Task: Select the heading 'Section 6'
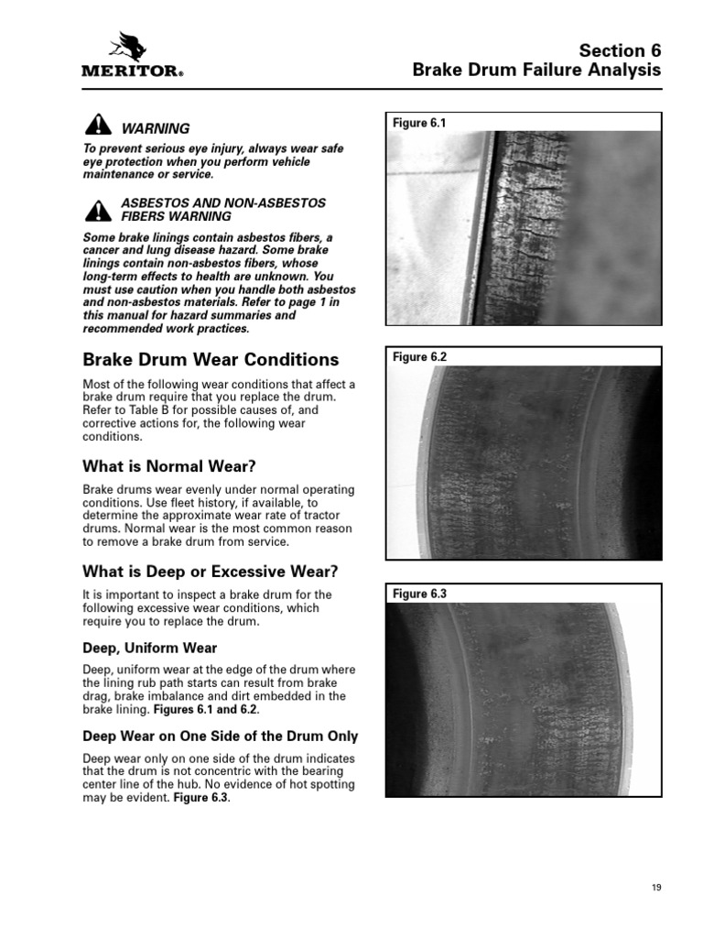[621, 50]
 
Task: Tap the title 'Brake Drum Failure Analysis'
[536, 71]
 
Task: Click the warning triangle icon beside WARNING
[97, 127]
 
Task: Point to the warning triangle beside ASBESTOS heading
[97, 210]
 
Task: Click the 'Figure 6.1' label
[419, 123]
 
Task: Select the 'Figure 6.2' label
[419, 357]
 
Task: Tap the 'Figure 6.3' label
[419, 594]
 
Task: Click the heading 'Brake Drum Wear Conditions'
[211, 360]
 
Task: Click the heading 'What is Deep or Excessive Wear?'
[211, 572]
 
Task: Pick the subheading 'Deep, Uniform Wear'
[150, 649]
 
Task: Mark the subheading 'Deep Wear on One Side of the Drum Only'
[221, 736]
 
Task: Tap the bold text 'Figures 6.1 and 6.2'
[207, 709]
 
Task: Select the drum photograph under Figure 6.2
[523, 464]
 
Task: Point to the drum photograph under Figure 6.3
[523, 699]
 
